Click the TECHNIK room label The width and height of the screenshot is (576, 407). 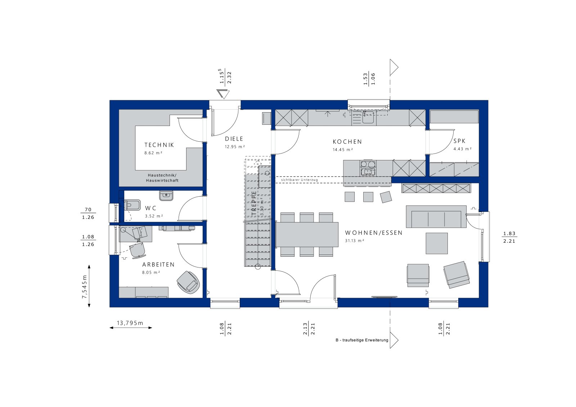pos(159,145)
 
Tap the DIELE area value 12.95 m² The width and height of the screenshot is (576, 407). pos(234,147)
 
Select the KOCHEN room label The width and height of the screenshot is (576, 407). pos(347,142)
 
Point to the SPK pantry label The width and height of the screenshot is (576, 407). pos(459,141)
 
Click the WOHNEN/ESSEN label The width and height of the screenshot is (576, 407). pos(374,233)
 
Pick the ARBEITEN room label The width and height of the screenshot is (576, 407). pos(158,265)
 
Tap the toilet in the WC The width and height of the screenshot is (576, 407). pos(132,205)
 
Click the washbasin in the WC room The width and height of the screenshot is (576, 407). pos(166,196)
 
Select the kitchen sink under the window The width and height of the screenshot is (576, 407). pos(368,118)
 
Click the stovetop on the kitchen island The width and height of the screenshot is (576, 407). pos(368,168)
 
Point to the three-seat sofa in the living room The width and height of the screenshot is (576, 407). pos(436,216)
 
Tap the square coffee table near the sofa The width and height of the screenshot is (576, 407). pos(437,243)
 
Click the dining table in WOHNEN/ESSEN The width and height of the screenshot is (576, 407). pos(307,235)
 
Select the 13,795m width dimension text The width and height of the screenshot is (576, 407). pos(130,323)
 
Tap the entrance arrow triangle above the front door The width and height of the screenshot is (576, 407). pos(223,94)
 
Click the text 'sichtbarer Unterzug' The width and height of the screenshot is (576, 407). pos(299,180)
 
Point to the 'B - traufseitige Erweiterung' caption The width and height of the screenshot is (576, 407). pos(362,340)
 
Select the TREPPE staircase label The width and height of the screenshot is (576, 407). pos(254,203)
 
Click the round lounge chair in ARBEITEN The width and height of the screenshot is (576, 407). pos(188,282)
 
